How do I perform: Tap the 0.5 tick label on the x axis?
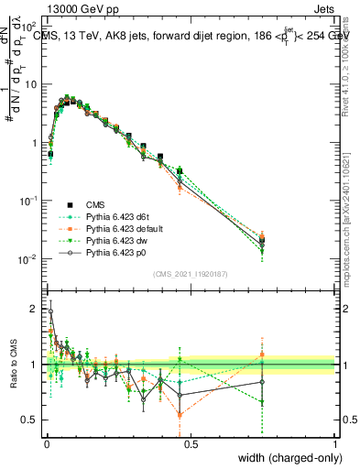tap(191, 444)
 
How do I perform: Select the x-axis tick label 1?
tap(335, 444)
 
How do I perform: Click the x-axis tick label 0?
tap(46, 444)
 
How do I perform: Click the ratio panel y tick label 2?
tap(35, 309)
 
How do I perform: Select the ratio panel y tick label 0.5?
tap(31, 420)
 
